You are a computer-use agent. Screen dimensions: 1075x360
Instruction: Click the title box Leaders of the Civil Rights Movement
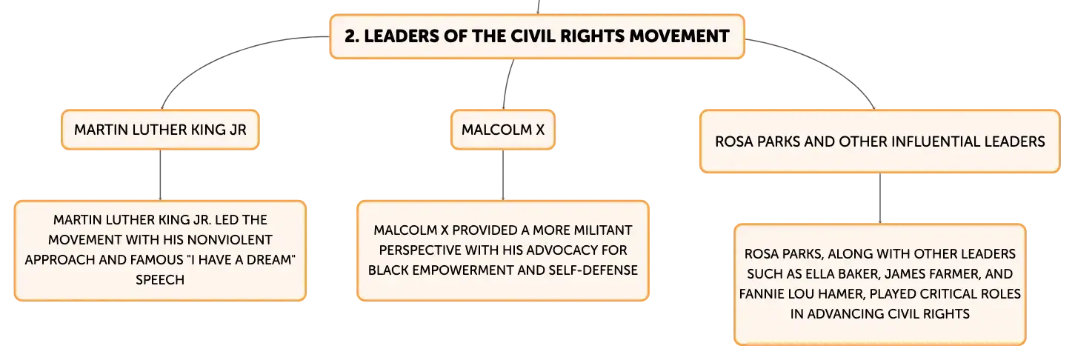click(537, 36)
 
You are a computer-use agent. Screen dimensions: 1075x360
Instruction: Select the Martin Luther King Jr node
click(160, 130)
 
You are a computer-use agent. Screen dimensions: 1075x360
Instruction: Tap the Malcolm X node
click(503, 130)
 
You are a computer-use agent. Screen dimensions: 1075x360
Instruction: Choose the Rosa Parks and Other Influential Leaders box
click(879, 141)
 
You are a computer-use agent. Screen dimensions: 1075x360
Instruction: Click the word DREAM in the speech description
click(267, 260)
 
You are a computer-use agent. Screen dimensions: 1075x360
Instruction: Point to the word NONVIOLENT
click(230, 239)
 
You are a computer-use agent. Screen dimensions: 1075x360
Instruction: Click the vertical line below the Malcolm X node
click(503, 176)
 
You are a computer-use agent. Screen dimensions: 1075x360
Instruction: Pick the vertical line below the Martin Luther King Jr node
click(160, 176)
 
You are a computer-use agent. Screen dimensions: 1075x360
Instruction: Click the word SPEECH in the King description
click(160, 280)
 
